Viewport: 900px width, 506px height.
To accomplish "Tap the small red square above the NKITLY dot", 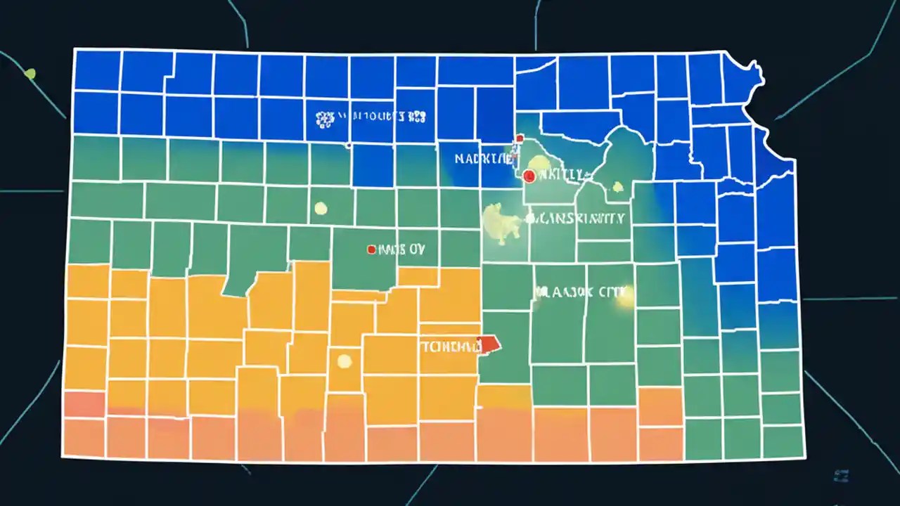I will (x=519, y=138).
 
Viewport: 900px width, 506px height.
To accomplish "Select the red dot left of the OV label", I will (x=371, y=249).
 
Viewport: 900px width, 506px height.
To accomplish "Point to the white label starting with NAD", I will (x=483, y=160).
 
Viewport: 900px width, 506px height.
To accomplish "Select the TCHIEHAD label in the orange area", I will (x=448, y=346).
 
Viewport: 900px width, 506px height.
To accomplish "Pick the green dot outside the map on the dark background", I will (x=30, y=72).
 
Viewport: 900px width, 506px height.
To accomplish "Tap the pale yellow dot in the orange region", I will (x=344, y=361).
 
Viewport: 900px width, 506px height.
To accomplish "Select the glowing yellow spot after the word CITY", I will (x=625, y=296).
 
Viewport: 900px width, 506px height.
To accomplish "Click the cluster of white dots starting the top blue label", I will (x=324, y=119).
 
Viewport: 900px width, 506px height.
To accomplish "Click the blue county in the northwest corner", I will (x=97, y=70).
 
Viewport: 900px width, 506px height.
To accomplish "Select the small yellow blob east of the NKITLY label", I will (x=617, y=186).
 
